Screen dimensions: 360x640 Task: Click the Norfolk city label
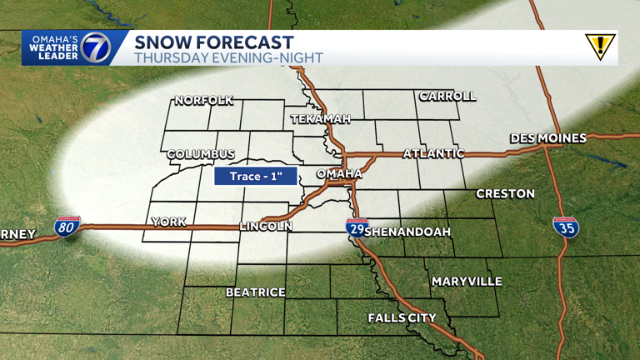pos(203,101)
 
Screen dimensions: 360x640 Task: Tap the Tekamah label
pos(321,120)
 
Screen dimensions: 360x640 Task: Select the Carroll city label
pos(447,96)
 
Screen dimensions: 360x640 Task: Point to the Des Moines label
pos(548,137)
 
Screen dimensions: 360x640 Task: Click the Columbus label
pos(201,155)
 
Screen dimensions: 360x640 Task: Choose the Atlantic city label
pos(433,153)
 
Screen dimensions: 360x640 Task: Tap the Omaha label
pos(339,173)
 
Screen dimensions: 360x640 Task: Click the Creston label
pos(505,194)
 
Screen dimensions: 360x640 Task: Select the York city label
pos(167,222)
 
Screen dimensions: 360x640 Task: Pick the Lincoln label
pos(266,226)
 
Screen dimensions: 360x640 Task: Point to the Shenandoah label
pos(407,231)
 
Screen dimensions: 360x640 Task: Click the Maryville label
pos(467,282)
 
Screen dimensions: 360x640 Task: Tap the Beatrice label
pos(256,292)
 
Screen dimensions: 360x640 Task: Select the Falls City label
pos(402,318)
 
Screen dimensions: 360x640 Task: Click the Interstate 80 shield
pos(67,226)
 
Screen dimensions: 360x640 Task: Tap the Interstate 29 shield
pos(357,227)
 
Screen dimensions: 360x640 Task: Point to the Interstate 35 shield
pos(566,226)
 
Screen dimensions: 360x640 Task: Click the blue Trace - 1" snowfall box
pos(255,177)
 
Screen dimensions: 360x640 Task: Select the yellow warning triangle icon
pos(599,47)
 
